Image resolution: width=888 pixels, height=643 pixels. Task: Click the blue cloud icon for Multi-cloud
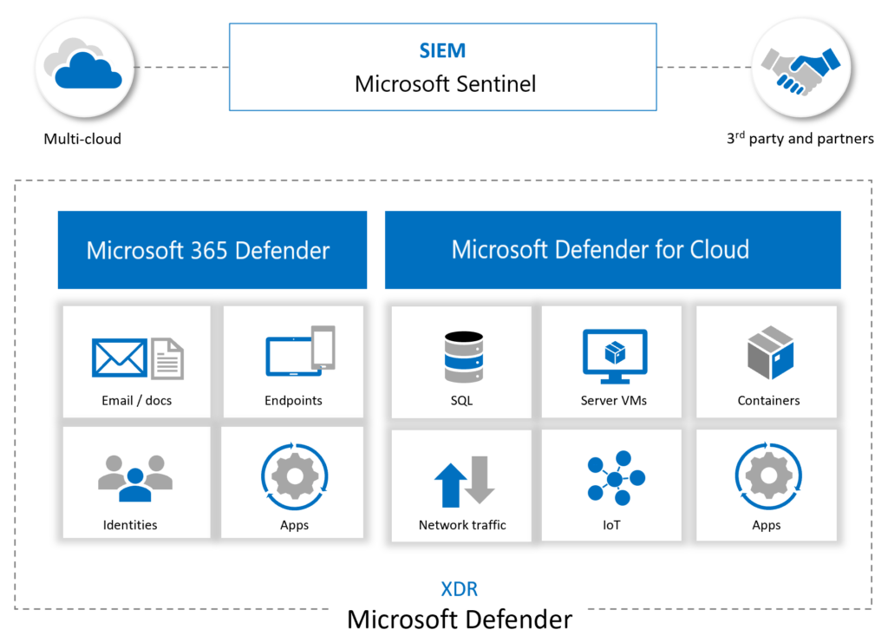click(x=87, y=70)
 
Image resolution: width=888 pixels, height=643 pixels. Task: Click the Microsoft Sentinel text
click(x=445, y=84)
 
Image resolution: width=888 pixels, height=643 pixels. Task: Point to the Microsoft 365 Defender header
click(x=208, y=251)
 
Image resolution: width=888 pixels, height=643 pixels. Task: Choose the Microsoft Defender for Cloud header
click(x=600, y=250)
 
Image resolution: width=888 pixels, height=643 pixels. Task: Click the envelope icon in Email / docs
click(x=121, y=358)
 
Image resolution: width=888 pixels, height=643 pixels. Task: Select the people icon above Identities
click(x=135, y=477)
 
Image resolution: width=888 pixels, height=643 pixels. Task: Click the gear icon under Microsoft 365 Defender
click(x=294, y=476)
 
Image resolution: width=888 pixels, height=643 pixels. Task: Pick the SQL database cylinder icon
click(x=461, y=356)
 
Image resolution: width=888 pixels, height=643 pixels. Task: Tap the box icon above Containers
click(x=769, y=353)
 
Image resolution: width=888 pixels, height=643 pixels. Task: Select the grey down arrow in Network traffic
click(x=479, y=481)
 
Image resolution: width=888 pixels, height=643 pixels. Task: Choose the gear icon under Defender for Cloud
click(x=767, y=476)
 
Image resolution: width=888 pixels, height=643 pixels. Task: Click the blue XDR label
click(x=459, y=590)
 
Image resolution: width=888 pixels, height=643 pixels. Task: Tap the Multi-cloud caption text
click(x=82, y=139)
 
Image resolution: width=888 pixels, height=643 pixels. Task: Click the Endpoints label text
click(x=293, y=401)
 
